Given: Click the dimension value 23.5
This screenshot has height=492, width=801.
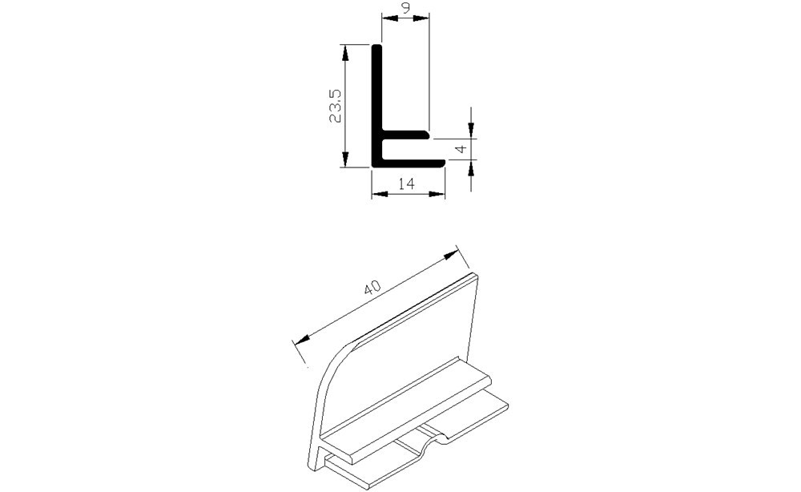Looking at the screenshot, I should click(x=336, y=105).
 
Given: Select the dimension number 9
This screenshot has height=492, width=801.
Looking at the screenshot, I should click(x=406, y=10).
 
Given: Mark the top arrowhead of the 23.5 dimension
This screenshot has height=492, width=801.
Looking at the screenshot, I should click(x=346, y=50).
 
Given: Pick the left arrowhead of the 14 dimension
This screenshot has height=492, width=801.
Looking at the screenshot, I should click(x=378, y=193).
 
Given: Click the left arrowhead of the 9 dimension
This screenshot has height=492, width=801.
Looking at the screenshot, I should click(x=387, y=20).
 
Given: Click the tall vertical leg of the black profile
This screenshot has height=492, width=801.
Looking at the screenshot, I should click(x=376, y=96).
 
